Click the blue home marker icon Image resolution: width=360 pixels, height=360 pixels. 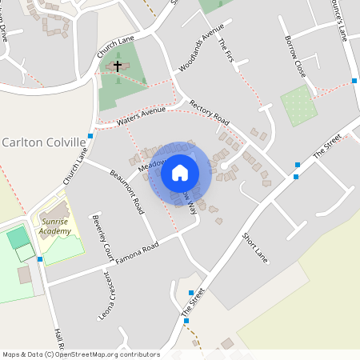180,172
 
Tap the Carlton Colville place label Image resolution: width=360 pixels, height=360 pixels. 44,142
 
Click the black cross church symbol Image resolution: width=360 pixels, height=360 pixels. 118,66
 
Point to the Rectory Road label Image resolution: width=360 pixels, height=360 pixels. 210,112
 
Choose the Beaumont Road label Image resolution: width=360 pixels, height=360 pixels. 127,191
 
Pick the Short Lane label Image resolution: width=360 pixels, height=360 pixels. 254,247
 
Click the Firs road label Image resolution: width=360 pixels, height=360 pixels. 228,53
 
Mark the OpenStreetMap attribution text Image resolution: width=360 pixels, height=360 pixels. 81,354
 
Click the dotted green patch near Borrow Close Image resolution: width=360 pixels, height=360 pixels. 297,106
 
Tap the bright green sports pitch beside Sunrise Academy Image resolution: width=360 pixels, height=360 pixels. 17,237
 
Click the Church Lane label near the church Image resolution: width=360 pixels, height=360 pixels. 115,46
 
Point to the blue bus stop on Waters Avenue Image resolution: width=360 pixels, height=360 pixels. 90,136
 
